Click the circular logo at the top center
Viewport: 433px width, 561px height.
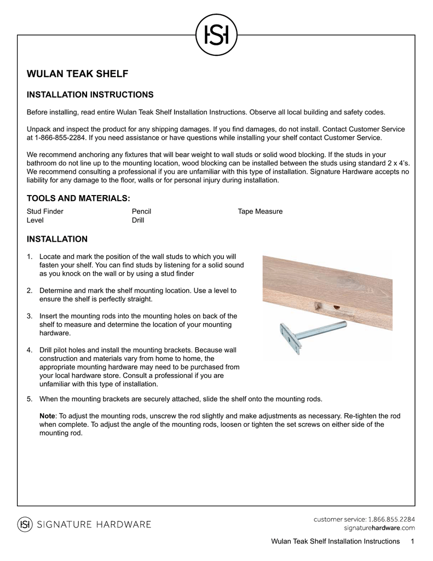[x=216, y=35]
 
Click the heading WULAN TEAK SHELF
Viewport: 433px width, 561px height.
[x=77, y=74]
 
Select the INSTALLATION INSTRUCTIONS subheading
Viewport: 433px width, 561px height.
[x=90, y=95]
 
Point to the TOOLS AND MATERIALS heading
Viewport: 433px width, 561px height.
[x=79, y=198]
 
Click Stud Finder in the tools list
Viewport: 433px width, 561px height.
[x=45, y=211]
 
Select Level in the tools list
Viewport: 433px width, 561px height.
[x=35, y=220]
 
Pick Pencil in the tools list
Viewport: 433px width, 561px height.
[x=141, y=211]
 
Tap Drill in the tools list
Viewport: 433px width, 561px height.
[x=138, y=220]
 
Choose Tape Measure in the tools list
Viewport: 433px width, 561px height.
[x=260, y=211]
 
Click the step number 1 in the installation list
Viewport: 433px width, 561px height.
[x=30, y=256]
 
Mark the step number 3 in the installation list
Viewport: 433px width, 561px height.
[x=30, y=316]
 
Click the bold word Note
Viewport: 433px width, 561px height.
[x=48, y=416]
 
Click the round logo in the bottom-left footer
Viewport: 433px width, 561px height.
[x=25, y=524]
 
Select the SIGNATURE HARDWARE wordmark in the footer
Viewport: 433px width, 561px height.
[x=94, y=525]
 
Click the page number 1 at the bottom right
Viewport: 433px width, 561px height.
[x=412, y=541]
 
